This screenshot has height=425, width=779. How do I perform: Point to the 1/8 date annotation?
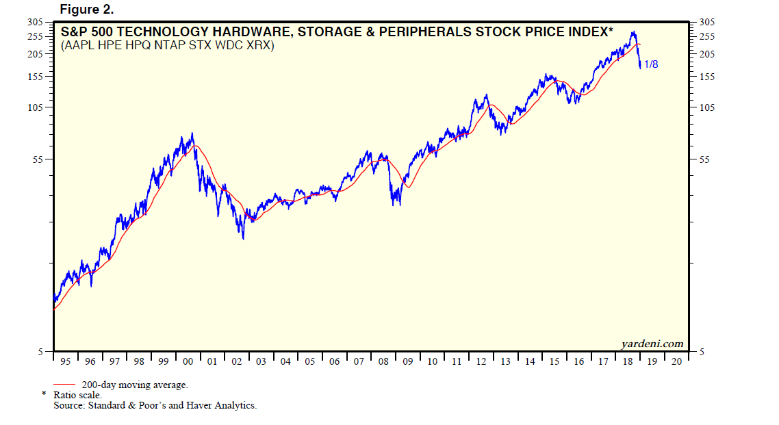651,65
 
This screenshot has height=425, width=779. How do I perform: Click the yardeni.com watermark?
652,344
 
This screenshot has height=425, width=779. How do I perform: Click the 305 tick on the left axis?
35,23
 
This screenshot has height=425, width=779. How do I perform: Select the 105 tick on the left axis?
35,107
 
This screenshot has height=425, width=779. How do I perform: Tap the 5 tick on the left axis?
40,352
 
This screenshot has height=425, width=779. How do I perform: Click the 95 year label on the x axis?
64,361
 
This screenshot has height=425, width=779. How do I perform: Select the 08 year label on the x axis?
383,361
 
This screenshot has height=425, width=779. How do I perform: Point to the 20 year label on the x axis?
676,361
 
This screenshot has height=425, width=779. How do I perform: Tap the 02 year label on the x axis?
236,361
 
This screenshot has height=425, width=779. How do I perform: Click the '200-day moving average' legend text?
135,385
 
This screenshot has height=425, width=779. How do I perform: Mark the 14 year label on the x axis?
530,361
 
